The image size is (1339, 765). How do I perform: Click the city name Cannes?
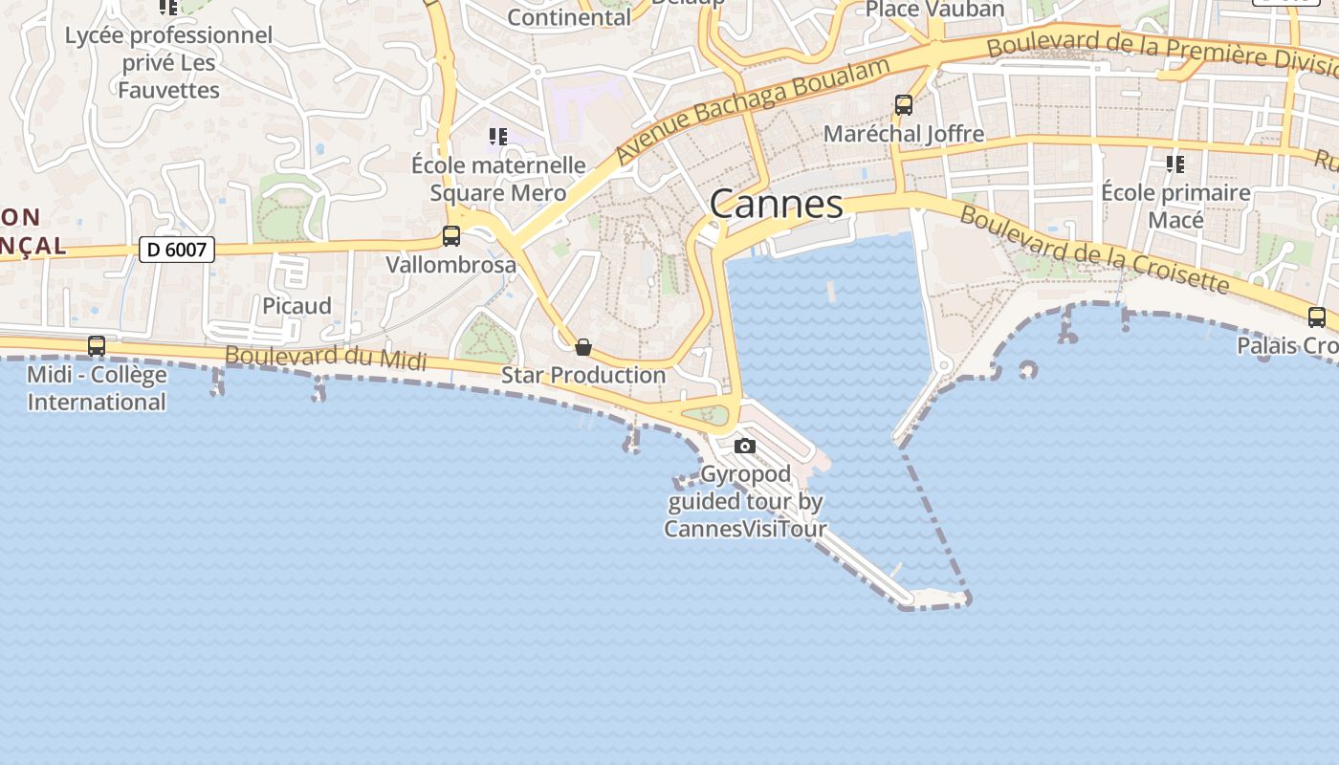777,204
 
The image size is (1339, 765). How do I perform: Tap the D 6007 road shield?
177,251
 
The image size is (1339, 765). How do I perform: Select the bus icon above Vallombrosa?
451,235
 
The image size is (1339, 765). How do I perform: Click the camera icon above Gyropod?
745,446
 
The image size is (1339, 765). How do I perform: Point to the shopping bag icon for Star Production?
582,346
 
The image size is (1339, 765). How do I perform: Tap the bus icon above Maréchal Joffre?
904,104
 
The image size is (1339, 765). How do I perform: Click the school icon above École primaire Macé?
1174,164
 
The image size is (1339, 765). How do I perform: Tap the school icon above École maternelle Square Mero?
497,137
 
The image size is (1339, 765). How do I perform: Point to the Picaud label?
296,306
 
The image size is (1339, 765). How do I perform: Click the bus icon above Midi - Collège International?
97,345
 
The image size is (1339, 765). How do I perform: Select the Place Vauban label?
934,10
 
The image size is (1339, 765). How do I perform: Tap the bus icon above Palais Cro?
1317,317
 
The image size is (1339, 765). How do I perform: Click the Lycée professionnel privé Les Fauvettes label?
168,63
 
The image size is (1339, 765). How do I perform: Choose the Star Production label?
583,375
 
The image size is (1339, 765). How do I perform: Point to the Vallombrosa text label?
450,265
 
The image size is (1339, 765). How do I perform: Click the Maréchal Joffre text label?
904,134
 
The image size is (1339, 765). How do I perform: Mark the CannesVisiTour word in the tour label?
745,529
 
